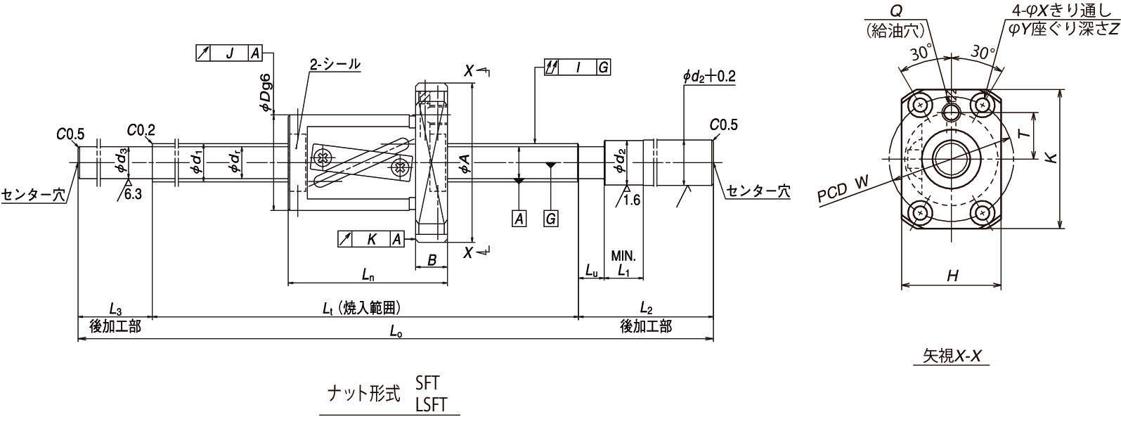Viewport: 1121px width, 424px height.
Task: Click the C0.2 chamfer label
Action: (x=142, y=130)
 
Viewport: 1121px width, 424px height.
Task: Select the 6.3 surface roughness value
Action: (x=133, y=195)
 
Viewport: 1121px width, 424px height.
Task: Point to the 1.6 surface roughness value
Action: (x=631, y=200)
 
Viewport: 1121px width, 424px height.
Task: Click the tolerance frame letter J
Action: (x=230, y=53)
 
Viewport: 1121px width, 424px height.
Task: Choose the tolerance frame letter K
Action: (x=371, y=239)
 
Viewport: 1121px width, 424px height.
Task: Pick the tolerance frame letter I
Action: (x=578, y=68)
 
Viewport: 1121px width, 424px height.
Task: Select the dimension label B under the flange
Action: (x=432, y=260)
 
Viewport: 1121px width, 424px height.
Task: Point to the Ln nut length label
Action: (x=368, y=274)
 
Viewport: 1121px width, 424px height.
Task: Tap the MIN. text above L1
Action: (x=623, y=255)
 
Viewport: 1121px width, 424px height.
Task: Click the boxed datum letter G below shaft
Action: (x=550, y=219)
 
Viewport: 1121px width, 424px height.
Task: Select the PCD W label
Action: (x=843, y=189)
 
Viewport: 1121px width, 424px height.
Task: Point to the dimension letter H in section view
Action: (x=952, y=276)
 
